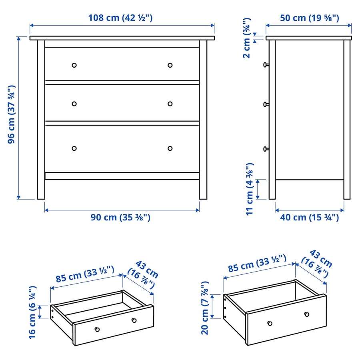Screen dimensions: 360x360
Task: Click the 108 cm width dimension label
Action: click(120, 18)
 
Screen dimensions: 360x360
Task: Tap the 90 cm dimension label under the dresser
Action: click(120, 217)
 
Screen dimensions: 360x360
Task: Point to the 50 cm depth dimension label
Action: click(308, 18)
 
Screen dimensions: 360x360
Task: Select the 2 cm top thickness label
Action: click(247, 38)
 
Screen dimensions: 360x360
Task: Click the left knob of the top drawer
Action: click(74, 65)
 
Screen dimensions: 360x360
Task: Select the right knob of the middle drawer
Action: click(170, 104)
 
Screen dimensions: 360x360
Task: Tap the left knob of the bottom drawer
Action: click(74, 148)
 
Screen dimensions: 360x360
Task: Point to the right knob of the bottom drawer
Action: click(170, 148)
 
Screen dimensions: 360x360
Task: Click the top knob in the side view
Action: click(265, 64)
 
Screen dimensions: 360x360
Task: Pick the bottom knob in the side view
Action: click(265, 149)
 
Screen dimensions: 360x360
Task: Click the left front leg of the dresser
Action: click(41, 188)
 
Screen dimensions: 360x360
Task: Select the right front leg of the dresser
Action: click(203, 188)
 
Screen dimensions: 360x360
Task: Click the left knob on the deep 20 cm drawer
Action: click(270, 323)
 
